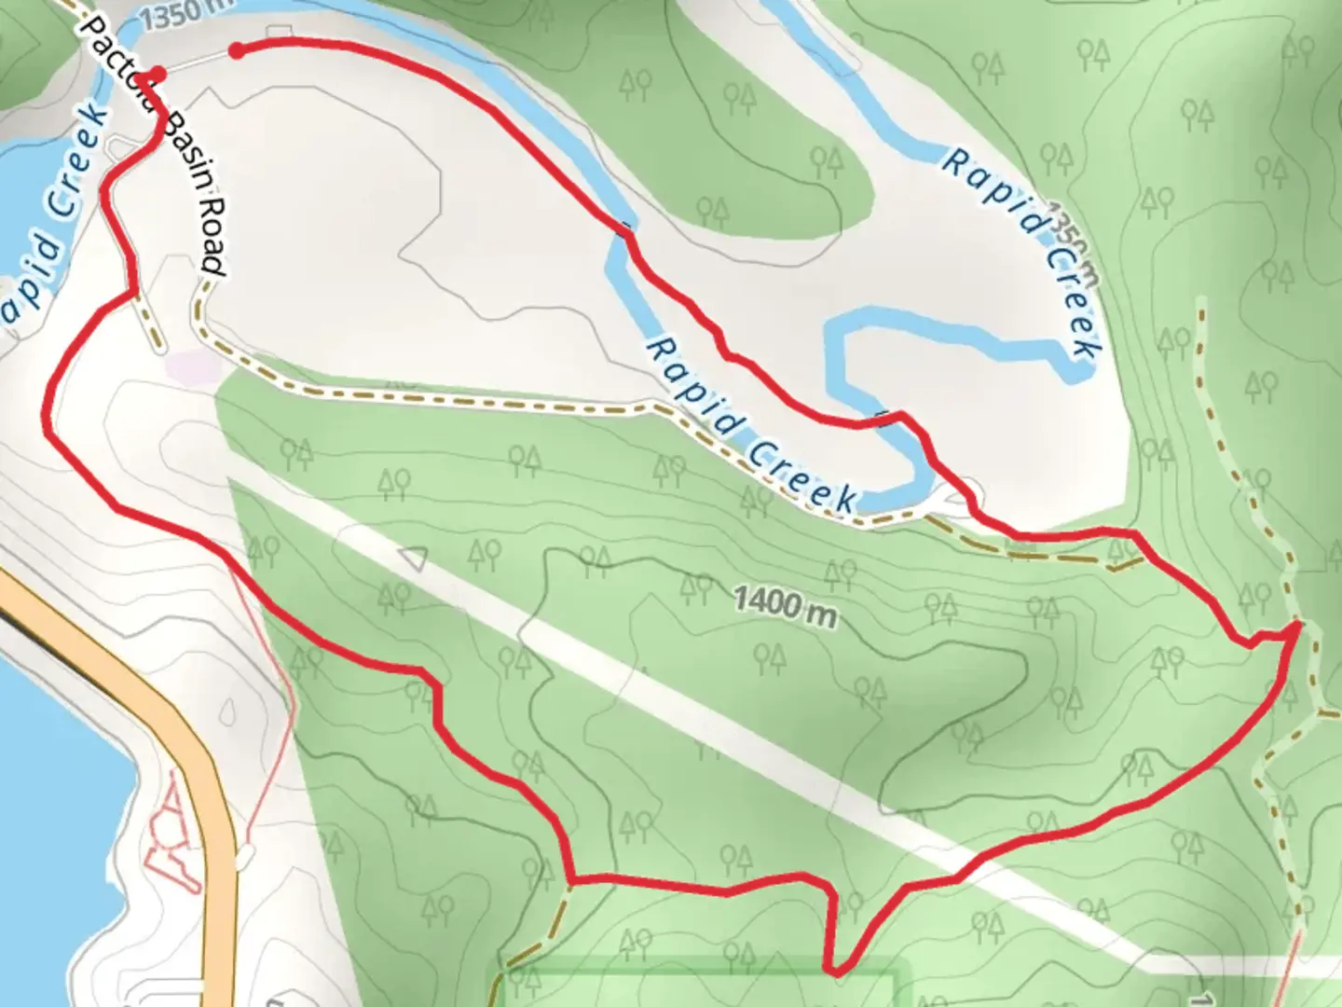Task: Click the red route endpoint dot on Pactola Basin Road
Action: coord(159,74)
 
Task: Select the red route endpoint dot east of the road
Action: coord(237,50)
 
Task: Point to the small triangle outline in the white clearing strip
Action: coord(413,559)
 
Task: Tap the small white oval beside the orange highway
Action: coord(244,854)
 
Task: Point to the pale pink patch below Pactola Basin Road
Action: coord(191,365)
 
